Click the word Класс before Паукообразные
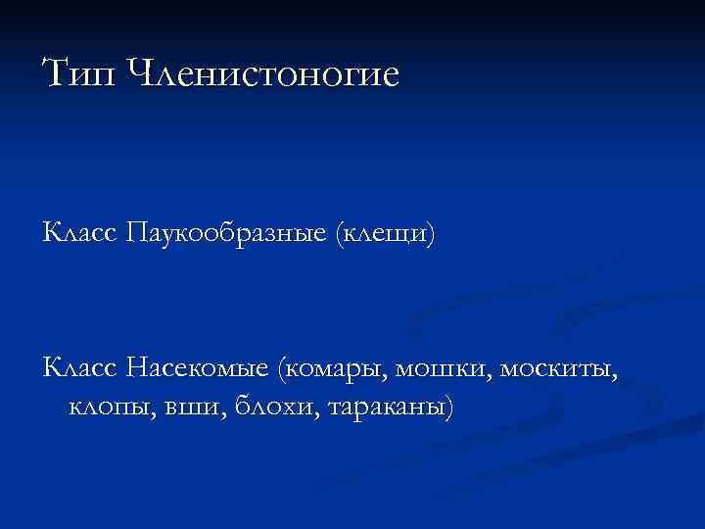tap(80, 234)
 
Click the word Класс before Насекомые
tap(80, 368)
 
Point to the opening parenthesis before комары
tap(281, 369)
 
